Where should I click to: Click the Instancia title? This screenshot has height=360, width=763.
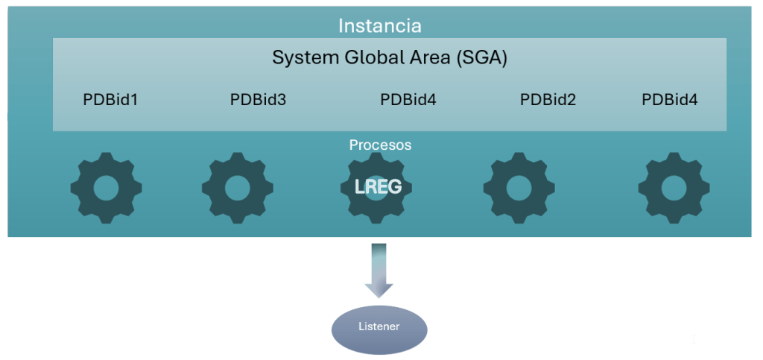coord(379,26)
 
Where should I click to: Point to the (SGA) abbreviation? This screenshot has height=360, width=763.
coord(481,58)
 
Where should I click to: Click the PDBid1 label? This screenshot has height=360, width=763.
coord(110,99)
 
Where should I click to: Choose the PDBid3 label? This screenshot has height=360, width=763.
coord(258,99)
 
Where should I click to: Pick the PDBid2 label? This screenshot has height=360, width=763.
coord(548,99)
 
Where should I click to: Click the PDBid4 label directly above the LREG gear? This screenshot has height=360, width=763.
coord(408,99)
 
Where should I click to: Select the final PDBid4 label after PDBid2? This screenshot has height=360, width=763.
coord(669,99)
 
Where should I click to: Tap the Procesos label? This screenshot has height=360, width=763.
coord(380,145)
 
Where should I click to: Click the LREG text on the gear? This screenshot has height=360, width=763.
coord(379,186)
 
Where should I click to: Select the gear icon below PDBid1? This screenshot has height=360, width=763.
coord(106,187)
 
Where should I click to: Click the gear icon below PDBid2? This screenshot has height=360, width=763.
coord(519,187)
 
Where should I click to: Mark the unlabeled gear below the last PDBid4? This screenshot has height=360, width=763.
coord(674,187)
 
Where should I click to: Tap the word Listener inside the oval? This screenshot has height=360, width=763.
coord(379,327)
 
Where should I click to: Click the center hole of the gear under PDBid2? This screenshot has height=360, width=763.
coord(519,188)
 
